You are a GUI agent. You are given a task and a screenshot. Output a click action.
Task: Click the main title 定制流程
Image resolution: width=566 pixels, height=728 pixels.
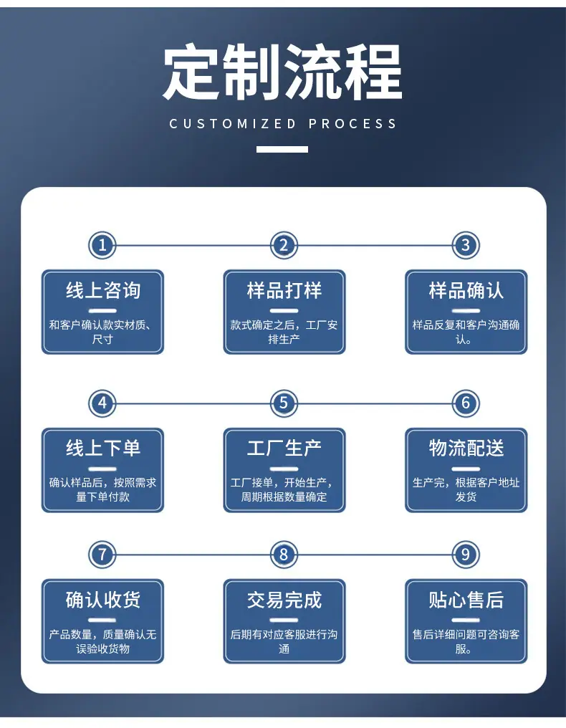(x=282, y=72)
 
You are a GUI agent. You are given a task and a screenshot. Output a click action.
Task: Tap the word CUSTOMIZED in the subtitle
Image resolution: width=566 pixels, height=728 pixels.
(x=233, y=124)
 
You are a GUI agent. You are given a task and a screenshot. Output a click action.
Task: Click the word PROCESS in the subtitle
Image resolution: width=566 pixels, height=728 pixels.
(x=352, y=124)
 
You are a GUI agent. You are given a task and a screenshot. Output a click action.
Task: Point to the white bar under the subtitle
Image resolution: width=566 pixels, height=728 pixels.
(x=282, y=150)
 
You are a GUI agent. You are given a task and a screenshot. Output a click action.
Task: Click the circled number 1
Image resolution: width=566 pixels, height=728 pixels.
(x=102, y=245)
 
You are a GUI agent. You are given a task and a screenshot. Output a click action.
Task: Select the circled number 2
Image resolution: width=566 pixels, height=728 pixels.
(x=284, y=245)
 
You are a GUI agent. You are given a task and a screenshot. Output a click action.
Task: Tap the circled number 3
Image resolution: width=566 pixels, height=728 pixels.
(x=466, y=245)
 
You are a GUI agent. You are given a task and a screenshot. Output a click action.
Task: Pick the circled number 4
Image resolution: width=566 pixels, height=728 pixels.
(x=102, y=403)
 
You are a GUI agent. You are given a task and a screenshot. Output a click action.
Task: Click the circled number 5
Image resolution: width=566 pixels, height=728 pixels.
(x=284, y=403)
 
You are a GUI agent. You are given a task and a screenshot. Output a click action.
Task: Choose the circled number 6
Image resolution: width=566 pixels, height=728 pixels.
(x=466, y=403)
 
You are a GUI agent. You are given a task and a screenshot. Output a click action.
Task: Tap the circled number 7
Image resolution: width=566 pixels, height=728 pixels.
(x=102, y=555)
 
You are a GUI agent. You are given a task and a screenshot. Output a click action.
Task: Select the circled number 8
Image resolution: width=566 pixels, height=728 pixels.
(x=284, y=555)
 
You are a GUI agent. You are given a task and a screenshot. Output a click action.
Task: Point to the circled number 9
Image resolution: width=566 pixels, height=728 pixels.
(x=466, y=555)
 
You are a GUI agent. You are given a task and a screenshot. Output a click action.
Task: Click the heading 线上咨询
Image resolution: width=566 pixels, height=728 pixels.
(x=102, y=291)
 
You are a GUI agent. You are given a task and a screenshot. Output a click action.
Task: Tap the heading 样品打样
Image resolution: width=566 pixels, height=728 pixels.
(x=284, y=291)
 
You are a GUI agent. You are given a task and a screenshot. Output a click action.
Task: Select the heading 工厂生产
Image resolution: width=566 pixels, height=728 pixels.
(x=284, y=449)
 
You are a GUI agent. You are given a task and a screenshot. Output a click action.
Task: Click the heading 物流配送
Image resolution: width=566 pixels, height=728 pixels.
(x=466, y=449)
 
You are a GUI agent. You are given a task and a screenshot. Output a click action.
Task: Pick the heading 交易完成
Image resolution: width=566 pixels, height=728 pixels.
(x=284, y=600)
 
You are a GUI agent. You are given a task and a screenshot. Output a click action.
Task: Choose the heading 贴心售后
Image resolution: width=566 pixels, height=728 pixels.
(x=466, y=600)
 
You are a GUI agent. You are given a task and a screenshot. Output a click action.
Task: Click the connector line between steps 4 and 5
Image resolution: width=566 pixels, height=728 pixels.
(x=193, y=403)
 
